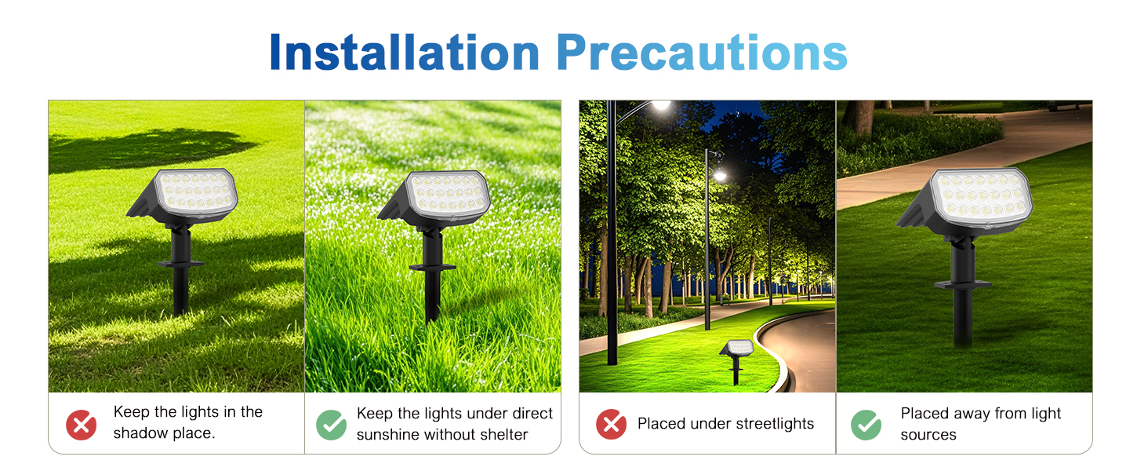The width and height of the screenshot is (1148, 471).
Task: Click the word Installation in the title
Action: (404, 53)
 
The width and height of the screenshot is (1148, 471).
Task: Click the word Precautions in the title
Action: (702, 53)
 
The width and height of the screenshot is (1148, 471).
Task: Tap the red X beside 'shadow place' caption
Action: (81, 425)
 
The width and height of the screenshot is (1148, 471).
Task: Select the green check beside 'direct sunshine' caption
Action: (331, 425)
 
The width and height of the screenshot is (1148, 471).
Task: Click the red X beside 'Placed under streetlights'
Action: (611, 425)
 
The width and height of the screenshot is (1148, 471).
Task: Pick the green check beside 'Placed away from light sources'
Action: (866, 425)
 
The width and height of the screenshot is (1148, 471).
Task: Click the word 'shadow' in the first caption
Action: (139, 434)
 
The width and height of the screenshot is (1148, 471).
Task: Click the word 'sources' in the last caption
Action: (928, 435)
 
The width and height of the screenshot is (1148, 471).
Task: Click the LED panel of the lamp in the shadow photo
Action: (196, 191)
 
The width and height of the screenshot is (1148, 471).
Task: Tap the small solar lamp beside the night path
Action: (736, 350)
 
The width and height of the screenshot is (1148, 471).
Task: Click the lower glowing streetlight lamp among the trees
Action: (719, 175)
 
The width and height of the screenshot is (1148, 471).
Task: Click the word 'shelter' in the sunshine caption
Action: (503, 435)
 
